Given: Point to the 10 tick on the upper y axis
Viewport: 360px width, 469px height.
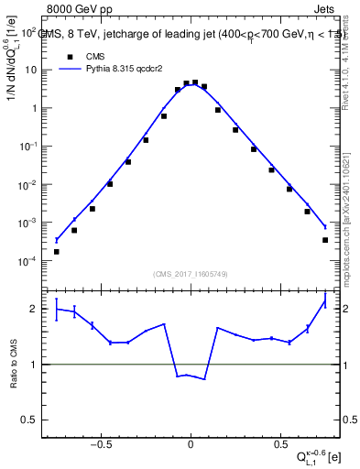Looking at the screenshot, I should pos(31,70).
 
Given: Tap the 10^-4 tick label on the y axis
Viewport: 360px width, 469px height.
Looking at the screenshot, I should pos(27,260).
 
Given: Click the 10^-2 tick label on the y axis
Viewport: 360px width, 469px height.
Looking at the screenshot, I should pos(27,184).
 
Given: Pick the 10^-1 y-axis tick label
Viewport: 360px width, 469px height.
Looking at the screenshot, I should pos(27,146).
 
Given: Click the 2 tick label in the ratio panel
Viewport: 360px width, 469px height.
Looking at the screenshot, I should pos(35,309).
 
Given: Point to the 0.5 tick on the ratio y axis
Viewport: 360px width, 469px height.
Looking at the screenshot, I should pos(31,420).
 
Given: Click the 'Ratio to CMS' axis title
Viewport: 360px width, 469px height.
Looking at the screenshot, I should pos(14,365).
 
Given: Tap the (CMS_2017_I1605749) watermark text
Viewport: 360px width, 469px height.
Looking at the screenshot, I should pos(191,274).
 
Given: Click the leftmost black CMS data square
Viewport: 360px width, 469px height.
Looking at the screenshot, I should pos(56,251).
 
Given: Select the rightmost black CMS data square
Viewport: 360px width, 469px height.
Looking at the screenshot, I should pos(325,240).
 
